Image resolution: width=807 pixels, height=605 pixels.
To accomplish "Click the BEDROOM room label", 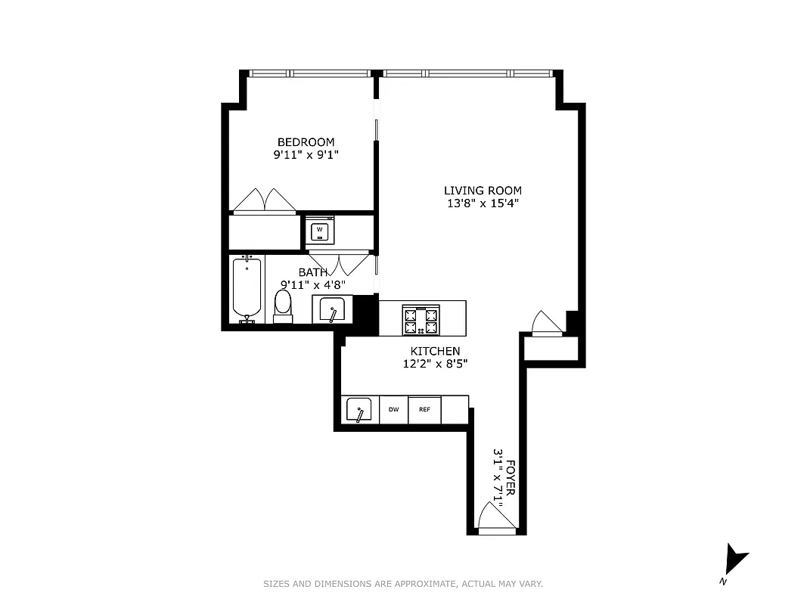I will (x=306, y=142).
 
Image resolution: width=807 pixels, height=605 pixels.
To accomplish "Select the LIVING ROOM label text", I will (x=483, y=191).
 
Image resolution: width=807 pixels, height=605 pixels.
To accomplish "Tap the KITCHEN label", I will (x=435, y=351).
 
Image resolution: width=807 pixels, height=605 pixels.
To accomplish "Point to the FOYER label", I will (x=511, y=477).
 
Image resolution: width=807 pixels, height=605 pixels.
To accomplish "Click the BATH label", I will (x=313, y=272).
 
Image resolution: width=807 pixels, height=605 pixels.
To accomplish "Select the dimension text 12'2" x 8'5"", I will (x=435, y=364).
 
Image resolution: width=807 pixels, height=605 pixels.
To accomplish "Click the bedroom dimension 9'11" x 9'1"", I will (x=306, y=154).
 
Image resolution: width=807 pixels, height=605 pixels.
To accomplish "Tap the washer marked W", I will (x=320, y=229).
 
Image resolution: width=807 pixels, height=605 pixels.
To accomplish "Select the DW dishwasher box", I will (x=393, y=410).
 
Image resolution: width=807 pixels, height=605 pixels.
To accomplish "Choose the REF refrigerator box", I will (x=424, y=410).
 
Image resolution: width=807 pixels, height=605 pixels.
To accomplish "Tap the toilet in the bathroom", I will (x=283, y=306).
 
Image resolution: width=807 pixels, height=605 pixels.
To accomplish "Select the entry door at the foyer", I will (x=495, y=520).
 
